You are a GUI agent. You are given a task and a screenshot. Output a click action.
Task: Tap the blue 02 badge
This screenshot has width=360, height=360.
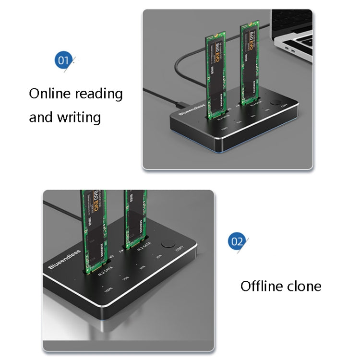click(237, 241)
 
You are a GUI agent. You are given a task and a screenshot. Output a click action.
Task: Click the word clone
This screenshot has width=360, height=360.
click(304, 287)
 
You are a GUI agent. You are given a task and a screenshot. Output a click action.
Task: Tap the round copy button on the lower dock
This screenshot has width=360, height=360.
click(168, 244)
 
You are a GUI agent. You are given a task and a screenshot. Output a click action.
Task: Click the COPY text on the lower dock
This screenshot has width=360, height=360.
click(180, 249)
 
